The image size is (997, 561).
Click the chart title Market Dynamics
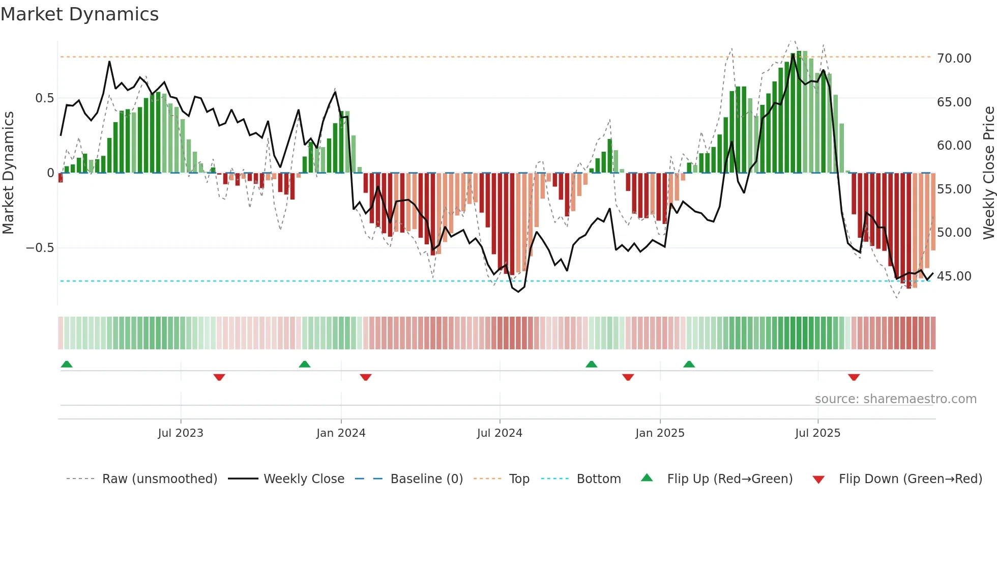(x=79, y=14)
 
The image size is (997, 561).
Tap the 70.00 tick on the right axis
(x=954, y=59)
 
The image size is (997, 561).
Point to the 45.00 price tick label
(x=954, y=276)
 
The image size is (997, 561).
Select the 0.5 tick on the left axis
(x=44, y=98)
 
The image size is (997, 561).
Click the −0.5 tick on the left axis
(x=40, y=248)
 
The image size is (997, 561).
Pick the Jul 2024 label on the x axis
(x=499, y=433)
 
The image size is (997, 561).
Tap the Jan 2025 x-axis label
(x=659, y=433)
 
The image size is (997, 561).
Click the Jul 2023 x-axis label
(x=180, y=433)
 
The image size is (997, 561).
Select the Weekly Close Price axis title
(x=988, y=173)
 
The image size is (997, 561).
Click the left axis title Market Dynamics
(x=8, y=173)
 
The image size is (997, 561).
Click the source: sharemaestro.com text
(x=895, y=399)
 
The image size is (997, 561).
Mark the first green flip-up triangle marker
(x=67, y=364)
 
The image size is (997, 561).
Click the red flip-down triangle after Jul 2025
(x=854, y=377)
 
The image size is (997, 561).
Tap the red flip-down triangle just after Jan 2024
(x=365, y=377)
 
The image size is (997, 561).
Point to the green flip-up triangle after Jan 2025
(x=689, y=364)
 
